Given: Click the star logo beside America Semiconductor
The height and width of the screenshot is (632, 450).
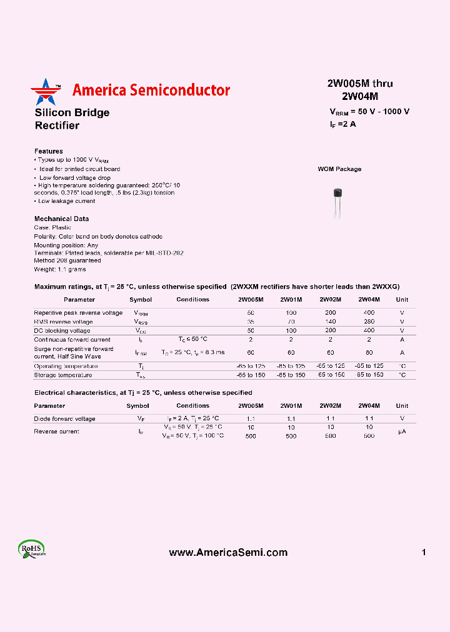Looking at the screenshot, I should point(46,92).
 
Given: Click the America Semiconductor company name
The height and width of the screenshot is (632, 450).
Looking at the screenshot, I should point(151,91).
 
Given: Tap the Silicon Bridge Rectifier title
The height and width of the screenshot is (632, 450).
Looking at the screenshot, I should point(72,119).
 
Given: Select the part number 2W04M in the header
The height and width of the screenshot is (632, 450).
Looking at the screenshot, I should point(360,96).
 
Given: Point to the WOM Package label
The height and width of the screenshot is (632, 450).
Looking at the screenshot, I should point(339,169).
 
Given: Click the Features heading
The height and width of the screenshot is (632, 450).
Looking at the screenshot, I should point(48,151).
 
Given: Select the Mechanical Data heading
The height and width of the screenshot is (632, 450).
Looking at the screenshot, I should point(61,219).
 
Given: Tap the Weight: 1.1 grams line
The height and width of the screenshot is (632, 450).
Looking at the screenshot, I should point(60,269).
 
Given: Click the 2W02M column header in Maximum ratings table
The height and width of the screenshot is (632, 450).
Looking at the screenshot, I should point(330,300).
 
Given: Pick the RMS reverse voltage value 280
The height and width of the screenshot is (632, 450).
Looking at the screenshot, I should point(369,322).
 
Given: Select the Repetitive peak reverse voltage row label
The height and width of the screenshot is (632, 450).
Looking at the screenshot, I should point(78,313).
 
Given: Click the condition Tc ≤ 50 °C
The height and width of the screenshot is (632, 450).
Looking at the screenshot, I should point(192,339).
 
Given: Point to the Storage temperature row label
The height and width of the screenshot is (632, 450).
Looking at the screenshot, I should point(63,375).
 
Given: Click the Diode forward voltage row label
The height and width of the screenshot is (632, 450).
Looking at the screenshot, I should point(64,418).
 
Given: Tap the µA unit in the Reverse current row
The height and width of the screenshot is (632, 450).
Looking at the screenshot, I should point(402,432).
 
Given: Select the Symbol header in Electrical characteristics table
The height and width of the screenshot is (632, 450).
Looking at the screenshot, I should point(137,406).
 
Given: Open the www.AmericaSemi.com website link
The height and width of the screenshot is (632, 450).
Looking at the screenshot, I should point(228,553).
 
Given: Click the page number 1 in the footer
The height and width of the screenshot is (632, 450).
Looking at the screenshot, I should point(424,553).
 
